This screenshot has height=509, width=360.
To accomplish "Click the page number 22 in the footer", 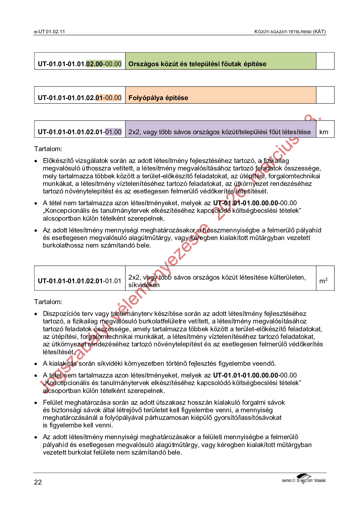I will pyautogui.click(x=38, y=482).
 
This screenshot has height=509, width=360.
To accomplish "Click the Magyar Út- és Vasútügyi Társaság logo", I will pyautogui.click(x=303, y=479).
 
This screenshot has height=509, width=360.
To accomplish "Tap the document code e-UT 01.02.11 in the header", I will pyautogui.click(x=50, y=31).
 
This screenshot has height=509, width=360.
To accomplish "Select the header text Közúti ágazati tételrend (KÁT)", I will pyautogui.click(x=290, y=31).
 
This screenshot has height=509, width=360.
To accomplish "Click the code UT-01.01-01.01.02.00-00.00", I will pyautogui.click(x=80, y=64).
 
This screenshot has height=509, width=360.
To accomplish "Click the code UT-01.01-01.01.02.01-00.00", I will pyautogui.click(x=80, y=98).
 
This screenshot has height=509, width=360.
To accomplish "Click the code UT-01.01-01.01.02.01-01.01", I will pyautogui.click(x=80, y=281).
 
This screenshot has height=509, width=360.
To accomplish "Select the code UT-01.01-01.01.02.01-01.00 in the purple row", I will pyautogui.click(x=80, y=132).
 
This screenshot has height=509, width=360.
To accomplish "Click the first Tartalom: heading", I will pyautogui.click(x=48, y=149).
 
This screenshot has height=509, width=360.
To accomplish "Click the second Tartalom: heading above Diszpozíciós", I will pyautogui.click(x=48, y=302).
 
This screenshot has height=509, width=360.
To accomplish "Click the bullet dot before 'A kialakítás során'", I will pyautogui.click(x=36, y=364).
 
